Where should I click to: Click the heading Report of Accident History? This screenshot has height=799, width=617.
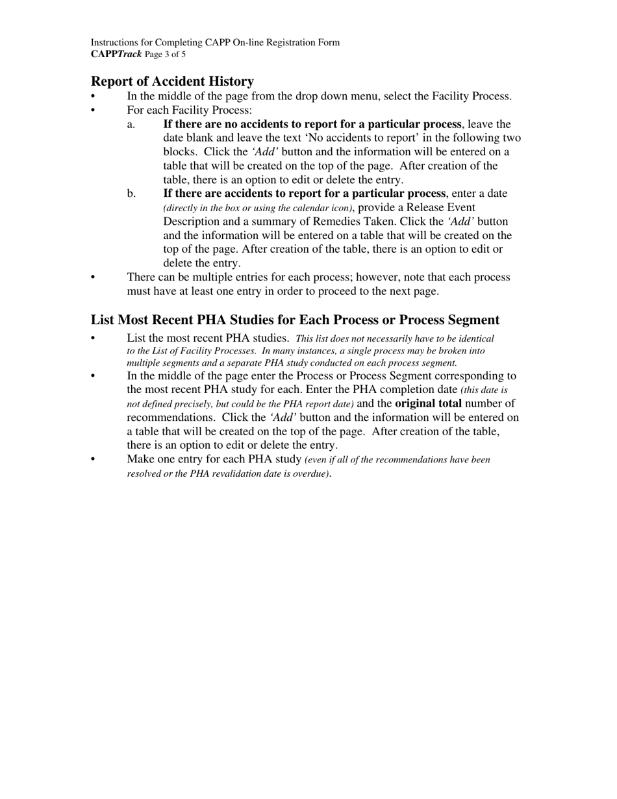[172, 81]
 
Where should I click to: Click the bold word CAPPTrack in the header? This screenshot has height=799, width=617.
[116, 55]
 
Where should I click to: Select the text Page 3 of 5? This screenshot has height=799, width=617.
[166, 55]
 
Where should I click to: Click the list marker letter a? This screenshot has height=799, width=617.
[131, 124]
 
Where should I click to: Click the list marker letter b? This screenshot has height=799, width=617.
[132, 194]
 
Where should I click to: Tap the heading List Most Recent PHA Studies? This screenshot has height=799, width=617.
[295, 320]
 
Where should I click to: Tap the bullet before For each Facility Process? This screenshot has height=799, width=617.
[94, 110]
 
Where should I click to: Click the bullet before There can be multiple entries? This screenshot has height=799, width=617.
[94, 278]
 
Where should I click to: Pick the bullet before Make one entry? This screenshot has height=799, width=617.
[94, 460]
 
